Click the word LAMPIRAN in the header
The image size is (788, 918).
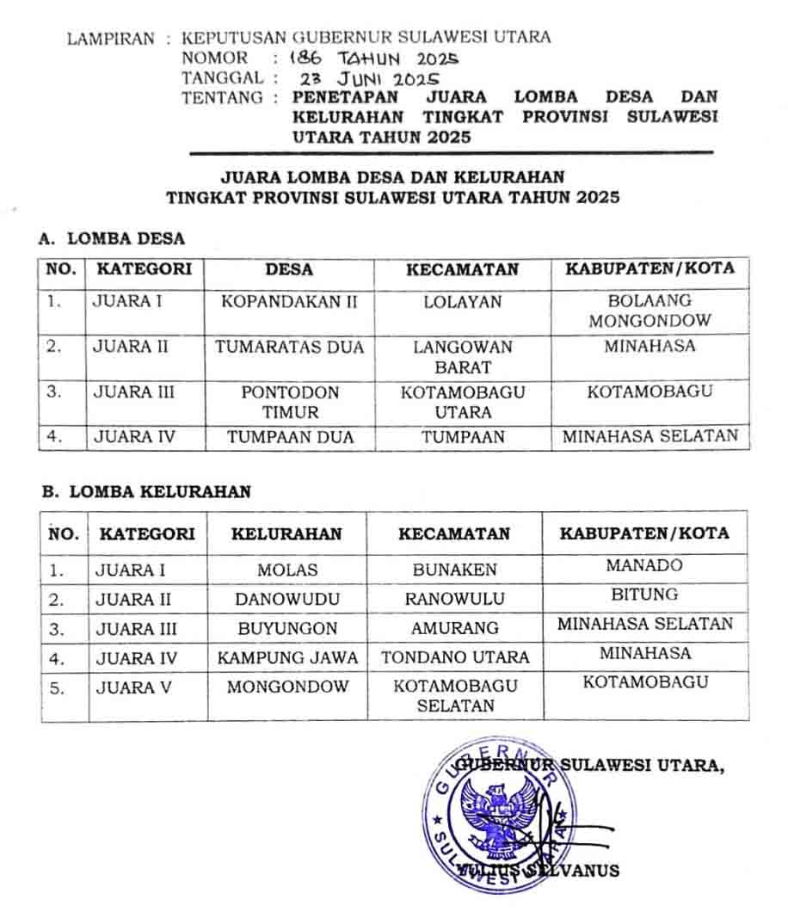[x=111, y=39]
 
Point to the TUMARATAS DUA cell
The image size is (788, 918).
[x=289, y=348]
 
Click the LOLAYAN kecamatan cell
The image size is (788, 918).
[x=462, y=302]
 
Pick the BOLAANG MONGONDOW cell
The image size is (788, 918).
[x=649, y=311]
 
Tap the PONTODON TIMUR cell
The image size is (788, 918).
[x=289, y=402]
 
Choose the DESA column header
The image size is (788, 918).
[x=289, y=269]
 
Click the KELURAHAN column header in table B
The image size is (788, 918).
[x=286, y=533]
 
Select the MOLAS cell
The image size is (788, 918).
[x=287, y=570]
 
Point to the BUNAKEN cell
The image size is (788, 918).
[x=454, y=570]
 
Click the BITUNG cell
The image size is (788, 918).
[x=644, y=595]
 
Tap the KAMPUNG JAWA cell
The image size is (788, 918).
[x=287, y=658]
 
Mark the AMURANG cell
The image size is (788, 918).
[x=454, y=628]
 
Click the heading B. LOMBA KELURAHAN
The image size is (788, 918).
[x=147, y=492]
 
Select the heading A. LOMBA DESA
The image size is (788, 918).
[x=113, y=239]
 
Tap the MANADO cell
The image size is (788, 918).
[x=644, y=565]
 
